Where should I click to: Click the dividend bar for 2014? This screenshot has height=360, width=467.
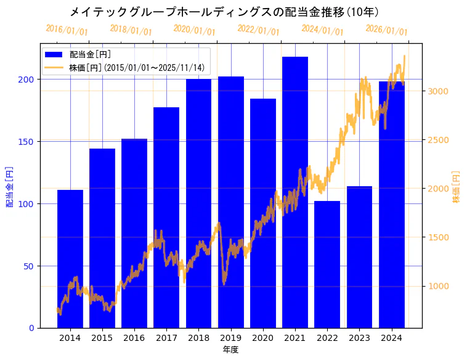click(x=70, y=259)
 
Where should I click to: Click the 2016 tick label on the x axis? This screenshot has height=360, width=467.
click(x=134, y=337)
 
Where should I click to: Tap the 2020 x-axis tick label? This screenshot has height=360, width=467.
click(x=263, y=337)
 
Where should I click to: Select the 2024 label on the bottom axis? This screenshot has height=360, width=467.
click(x=391, y=337)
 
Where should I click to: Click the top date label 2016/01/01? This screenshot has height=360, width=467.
click(x=67, y=30)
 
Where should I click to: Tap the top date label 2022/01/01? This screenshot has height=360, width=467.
click(x=259, y=30)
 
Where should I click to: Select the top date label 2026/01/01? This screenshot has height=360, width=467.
click(x=386, y=30)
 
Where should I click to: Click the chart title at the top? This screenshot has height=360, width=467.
click(x=224, y=12)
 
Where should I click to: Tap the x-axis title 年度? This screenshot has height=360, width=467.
click(x=230, y=350)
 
